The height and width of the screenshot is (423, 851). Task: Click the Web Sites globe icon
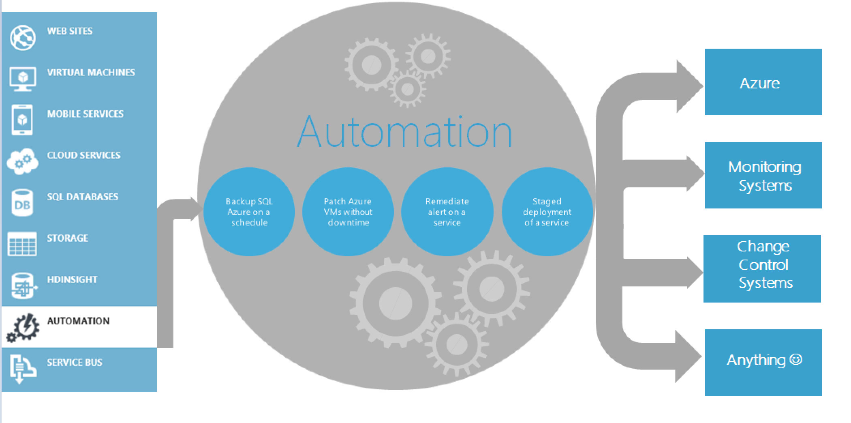tap(23, 38)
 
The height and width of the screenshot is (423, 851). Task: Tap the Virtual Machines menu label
tap(91, 73)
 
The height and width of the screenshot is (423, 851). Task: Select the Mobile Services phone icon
tap(23, 120)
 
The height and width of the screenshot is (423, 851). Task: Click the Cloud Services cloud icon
tap(23, 162)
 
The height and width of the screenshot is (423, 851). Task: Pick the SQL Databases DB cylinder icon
tap(22, 203)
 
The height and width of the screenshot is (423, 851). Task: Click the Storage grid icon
tap(22, 244)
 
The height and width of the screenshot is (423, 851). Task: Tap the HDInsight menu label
tap(72, 279)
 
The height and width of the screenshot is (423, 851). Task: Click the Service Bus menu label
tap(75, 362)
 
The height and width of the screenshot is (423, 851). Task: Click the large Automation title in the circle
tap(404, 132)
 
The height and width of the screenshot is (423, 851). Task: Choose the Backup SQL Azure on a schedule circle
tap(249, 212)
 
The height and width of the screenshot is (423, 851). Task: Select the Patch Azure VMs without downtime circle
tap(348, 212)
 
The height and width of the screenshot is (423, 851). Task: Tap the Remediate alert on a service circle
tap(447, 212)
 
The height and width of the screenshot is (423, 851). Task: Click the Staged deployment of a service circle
tap(547, 212)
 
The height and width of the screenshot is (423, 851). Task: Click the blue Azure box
tap(763, 82)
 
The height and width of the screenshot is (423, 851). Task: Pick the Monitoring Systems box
tap(763, 176)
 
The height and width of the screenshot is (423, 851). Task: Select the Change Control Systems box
tap(762, 268)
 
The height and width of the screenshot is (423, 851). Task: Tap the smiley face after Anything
tap(796, 359)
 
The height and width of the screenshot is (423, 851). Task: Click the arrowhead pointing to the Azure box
tap(689, 86)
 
